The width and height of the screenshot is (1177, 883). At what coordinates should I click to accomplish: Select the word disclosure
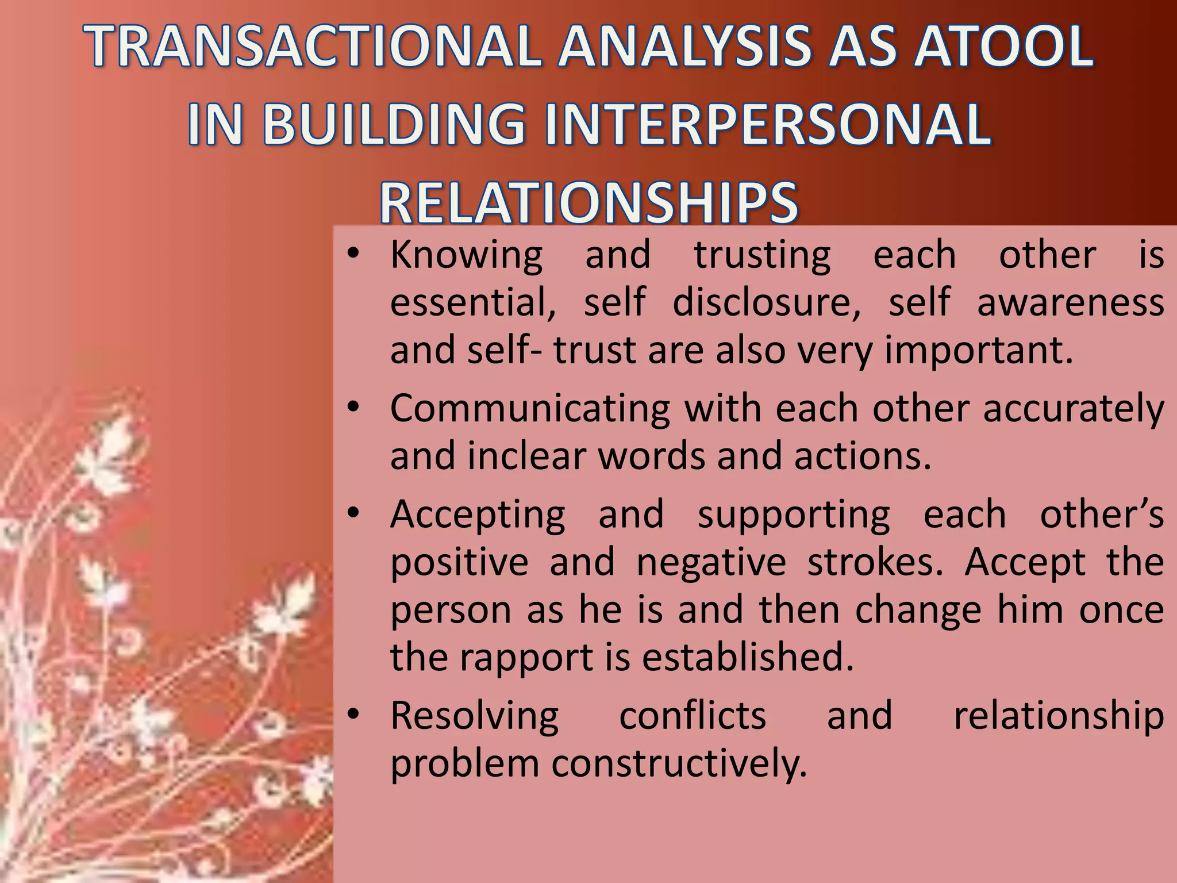pyautogui.click(x=767, y=302)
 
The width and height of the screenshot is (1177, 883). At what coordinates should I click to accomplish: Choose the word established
pyautogui.click(x=748, y=657)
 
